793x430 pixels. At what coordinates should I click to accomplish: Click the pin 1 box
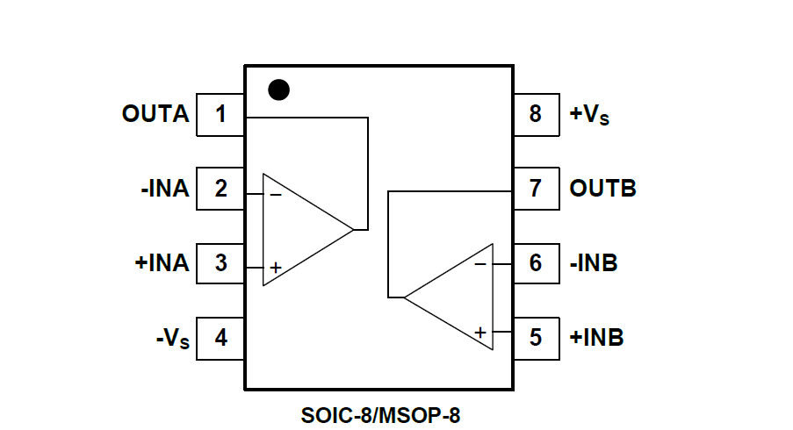(x=220, y=114)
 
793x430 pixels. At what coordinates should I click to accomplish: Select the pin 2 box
(x=220, y=189)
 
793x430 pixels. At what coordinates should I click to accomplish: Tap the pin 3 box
(x=220, y=263)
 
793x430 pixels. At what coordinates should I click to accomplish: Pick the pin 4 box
(x=220, y=338)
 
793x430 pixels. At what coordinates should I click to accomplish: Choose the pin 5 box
(x=536, y=338)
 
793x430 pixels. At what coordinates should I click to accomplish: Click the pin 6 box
(x=536, y=263)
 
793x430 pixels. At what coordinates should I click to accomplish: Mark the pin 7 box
(x=536, y=189)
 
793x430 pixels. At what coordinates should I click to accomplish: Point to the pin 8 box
(x=536, y=114)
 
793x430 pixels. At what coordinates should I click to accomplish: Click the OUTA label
(x=155, y=114)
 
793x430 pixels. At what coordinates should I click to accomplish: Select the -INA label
(x=164, y=189)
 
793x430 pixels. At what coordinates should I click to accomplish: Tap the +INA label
(x=162, y=263)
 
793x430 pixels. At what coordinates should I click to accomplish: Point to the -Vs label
(x=171, y=339)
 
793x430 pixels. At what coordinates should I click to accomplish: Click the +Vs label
(x=589, y=115)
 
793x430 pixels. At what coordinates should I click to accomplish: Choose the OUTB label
(x=602, y=189)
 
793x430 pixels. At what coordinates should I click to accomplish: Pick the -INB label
(x=595, y=263)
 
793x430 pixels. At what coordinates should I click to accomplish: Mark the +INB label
(x=596, y=338)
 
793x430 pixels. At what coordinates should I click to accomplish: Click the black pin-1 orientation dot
(x=278, y=90)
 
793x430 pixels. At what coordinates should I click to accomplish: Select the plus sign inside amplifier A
(x=276, y=268)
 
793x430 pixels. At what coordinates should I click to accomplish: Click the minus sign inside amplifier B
(x=480, y=263)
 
